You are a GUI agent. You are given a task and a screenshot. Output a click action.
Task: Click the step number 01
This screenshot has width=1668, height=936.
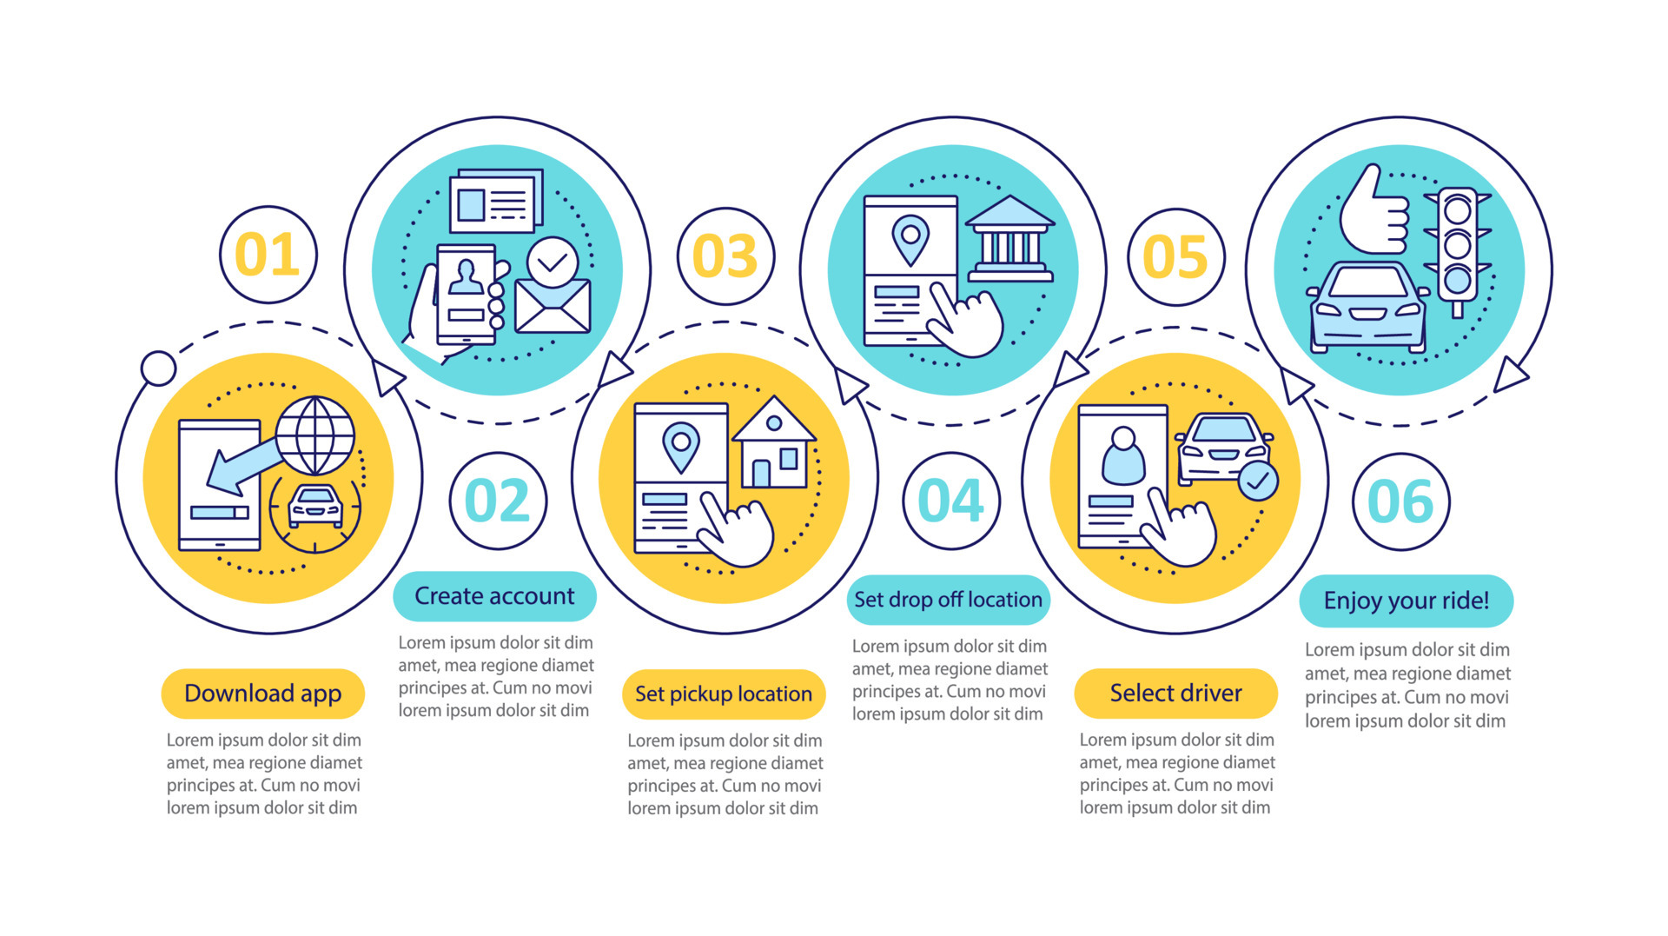[268, 255]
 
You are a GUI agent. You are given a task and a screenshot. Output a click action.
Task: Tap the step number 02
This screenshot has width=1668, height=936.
[497, 501]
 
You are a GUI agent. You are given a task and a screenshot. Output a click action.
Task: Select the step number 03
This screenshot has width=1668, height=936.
[725, 256]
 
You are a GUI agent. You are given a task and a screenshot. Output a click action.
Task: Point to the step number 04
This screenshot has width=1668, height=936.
[950, 501]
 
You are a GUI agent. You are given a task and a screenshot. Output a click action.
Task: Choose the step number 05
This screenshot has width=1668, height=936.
[1175, 257]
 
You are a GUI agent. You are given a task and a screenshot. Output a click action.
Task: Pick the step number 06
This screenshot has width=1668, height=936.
[1400, 501]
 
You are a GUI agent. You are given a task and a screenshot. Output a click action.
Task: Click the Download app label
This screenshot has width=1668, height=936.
[262, 694]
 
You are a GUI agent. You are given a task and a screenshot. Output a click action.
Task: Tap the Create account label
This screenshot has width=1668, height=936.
[494, 596]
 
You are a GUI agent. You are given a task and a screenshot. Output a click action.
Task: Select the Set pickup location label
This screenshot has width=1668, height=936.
[724, 694]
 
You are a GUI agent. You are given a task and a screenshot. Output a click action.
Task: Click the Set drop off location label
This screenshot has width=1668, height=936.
[948, 600]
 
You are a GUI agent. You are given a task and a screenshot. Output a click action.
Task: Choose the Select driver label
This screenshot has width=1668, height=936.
[1175, 694]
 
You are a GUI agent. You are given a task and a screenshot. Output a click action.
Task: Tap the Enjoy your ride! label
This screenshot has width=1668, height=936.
[1406, 601]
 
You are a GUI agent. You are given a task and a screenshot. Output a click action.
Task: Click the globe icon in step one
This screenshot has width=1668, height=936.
[315, 435]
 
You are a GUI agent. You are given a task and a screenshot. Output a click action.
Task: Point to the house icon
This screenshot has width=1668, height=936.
[773, 443]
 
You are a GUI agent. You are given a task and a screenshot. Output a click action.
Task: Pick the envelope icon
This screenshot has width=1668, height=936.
[553, 306]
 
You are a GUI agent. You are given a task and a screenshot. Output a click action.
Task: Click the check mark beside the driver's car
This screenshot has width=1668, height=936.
[1257, 481]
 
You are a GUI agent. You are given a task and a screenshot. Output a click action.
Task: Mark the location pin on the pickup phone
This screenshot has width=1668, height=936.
[681, 445]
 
